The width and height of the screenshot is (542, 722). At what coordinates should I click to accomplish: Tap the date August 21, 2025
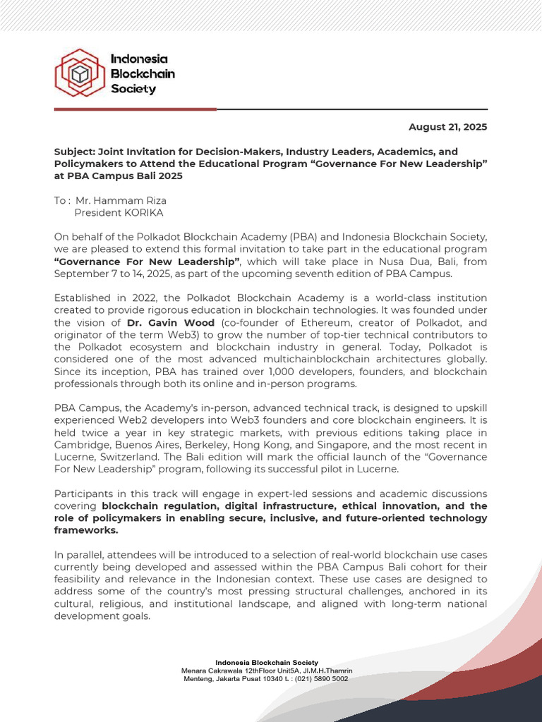pyautogui.click(x=448, y=127)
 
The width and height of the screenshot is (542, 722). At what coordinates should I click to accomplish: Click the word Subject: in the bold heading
pyautogui.click(x=75, y=152)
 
